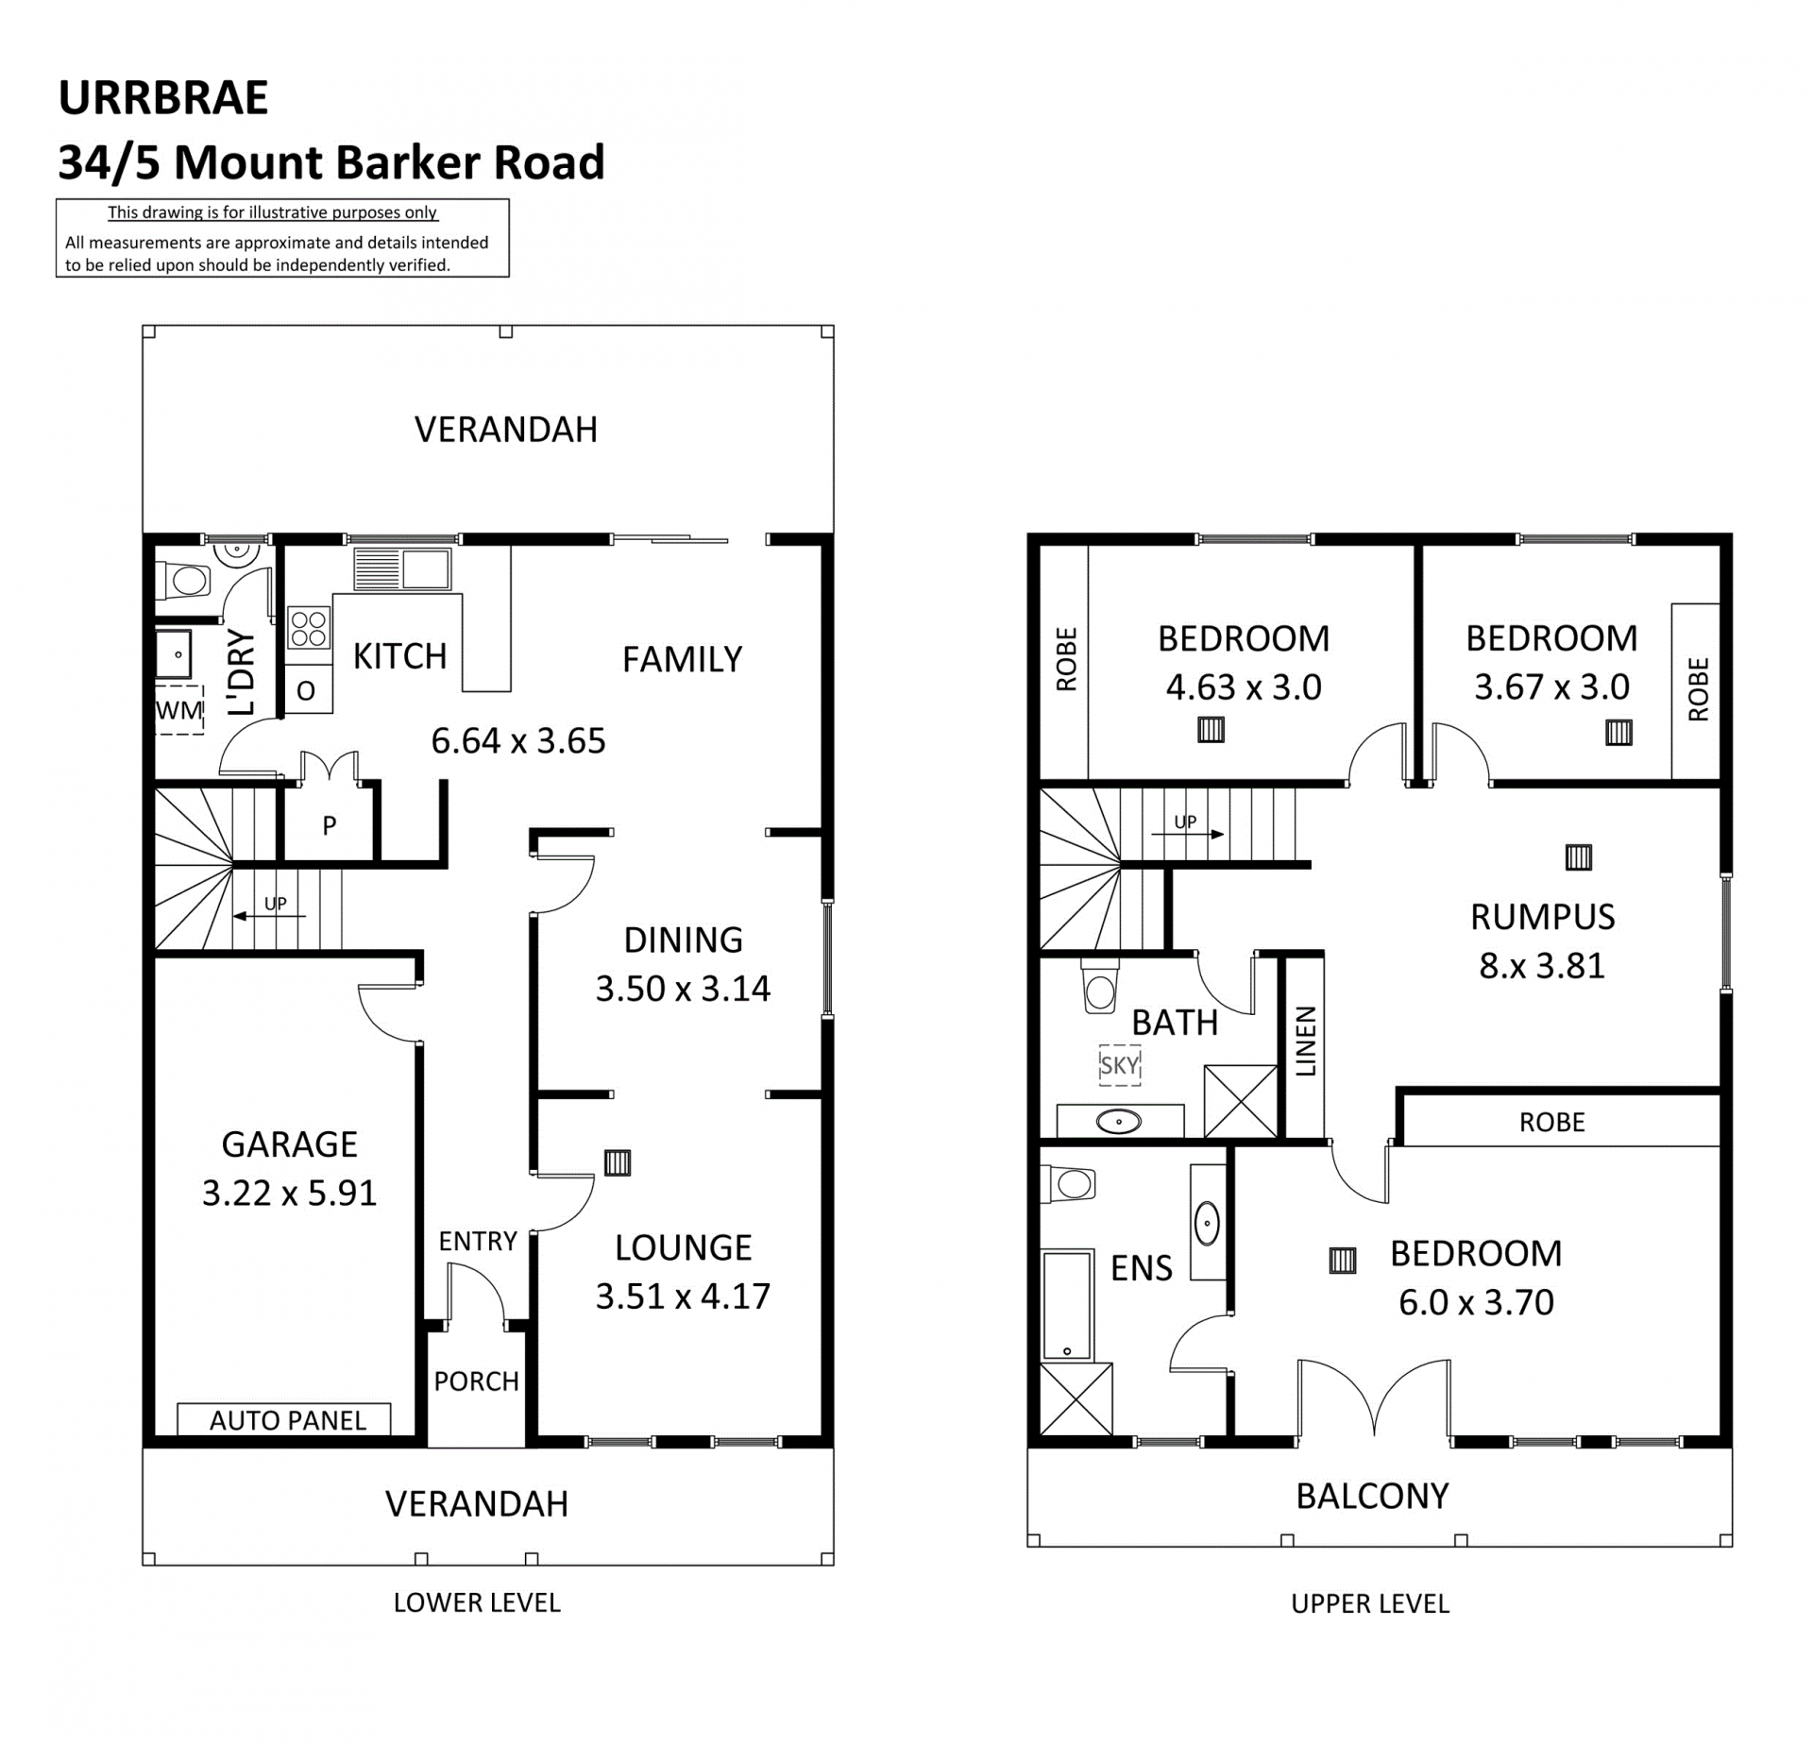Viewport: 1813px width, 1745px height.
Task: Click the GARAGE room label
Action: [289, 1144]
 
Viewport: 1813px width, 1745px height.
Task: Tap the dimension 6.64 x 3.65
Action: [518, 741]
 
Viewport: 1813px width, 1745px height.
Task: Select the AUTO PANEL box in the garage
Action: [284, 1419]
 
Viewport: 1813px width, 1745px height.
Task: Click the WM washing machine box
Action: [179, 710]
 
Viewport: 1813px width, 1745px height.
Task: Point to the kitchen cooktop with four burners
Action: [309, 628]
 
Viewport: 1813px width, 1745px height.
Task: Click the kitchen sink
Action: [402, 569]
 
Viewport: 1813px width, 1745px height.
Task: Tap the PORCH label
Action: [477, 1381]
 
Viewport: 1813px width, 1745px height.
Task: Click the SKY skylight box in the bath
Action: [1120, 1065]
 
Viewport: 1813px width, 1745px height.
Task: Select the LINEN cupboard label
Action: [1305, 1042]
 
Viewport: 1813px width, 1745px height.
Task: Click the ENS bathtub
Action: [1067, 1306]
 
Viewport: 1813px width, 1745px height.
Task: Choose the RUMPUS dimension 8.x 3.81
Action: [1542, 966]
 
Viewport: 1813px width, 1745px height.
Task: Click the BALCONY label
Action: [1372, 1497]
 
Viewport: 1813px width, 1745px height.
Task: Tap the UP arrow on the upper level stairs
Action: [1188, 834]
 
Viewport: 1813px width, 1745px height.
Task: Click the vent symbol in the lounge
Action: [618, 1162]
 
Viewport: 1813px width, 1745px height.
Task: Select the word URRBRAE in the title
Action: [163, 98]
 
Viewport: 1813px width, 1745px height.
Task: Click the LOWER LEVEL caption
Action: [477, 1602]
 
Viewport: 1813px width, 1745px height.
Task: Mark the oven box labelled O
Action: [308, 689]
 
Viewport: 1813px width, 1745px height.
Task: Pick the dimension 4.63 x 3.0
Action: [1244, 687]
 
